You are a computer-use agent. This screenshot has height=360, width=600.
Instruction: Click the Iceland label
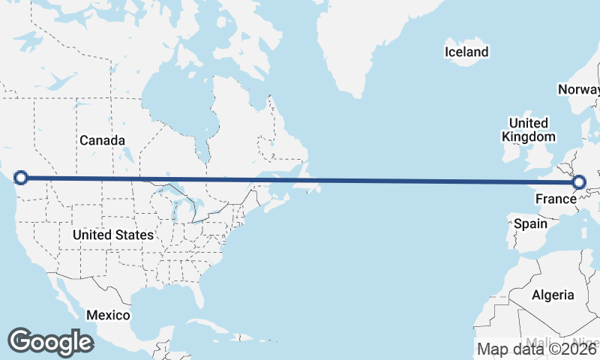[x=466, y=52]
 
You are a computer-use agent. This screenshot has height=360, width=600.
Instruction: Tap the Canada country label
[x=102, y=140]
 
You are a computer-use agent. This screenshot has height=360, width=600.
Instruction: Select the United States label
[x=113, y=235]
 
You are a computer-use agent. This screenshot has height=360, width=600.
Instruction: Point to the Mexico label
[x=107, y=315]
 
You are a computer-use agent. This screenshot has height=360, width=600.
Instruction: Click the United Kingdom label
[x=529, y=130]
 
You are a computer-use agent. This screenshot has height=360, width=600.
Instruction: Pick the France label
[x=555, y=199]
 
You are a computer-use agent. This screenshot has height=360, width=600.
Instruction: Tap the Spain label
[x=529, y=223]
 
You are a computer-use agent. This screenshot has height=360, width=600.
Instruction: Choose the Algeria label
[x=553, y=295]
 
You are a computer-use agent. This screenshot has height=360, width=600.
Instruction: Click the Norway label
[x=578, y=89]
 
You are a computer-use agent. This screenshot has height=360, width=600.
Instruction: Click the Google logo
[x=50, y=342]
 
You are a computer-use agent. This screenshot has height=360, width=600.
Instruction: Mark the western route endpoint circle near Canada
[x=21, y=178]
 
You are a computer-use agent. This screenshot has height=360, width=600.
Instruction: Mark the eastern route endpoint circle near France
[x=579, y=182]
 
